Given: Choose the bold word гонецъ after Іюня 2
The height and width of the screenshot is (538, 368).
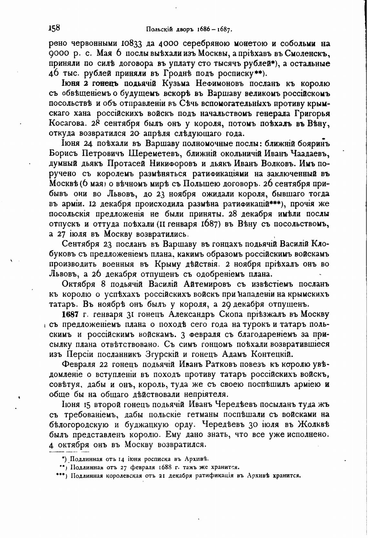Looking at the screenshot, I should [105, 84].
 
